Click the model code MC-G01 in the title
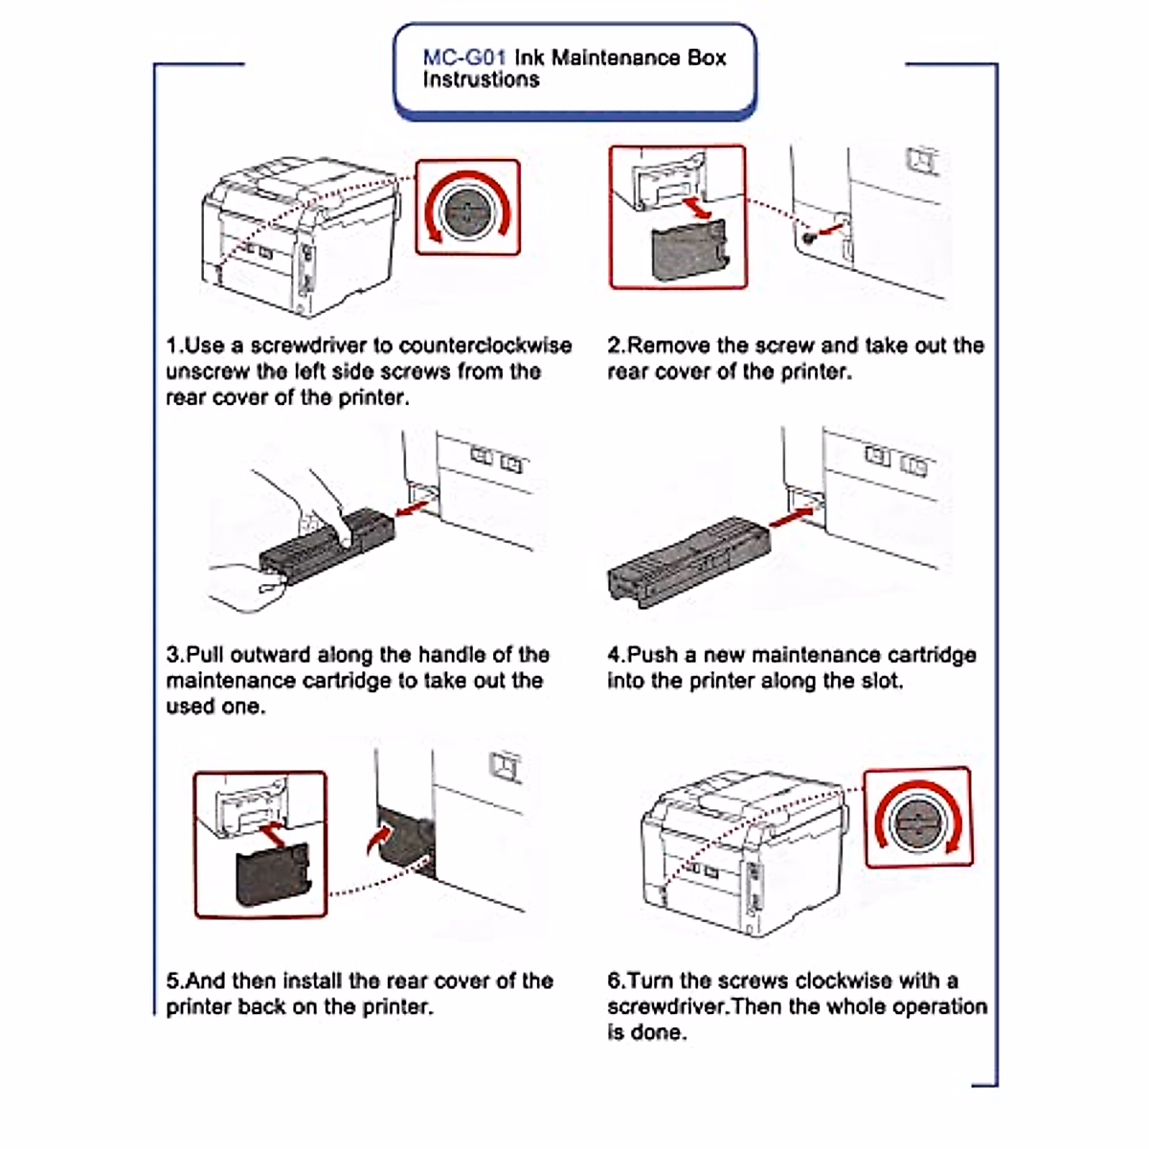(x=463, y=57)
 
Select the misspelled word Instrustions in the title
(x=481, y=80)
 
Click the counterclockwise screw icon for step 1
(x=467, y=208)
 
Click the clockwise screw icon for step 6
(x=917, y=819)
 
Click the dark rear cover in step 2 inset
(x=687, y=252)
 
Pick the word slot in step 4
(x=880, y=682)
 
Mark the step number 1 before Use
(x=172, y=346)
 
